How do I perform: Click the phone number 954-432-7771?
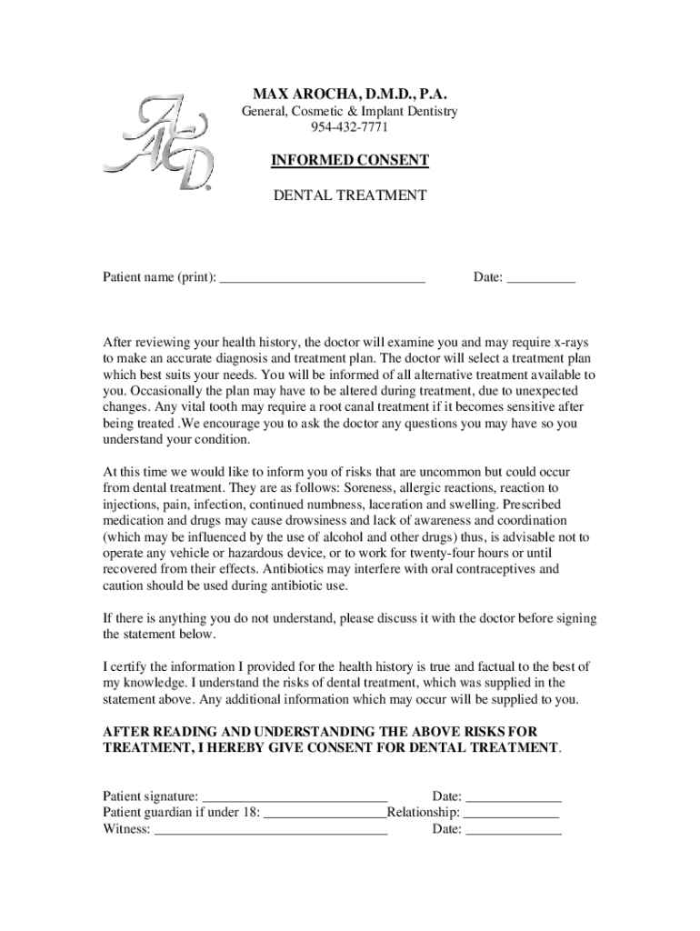349,126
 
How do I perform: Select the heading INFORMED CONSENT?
349,161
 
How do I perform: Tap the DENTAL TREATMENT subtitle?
349,195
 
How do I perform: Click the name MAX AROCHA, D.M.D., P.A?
349,95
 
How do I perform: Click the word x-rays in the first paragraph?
571,343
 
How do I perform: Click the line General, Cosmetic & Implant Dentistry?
349,111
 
